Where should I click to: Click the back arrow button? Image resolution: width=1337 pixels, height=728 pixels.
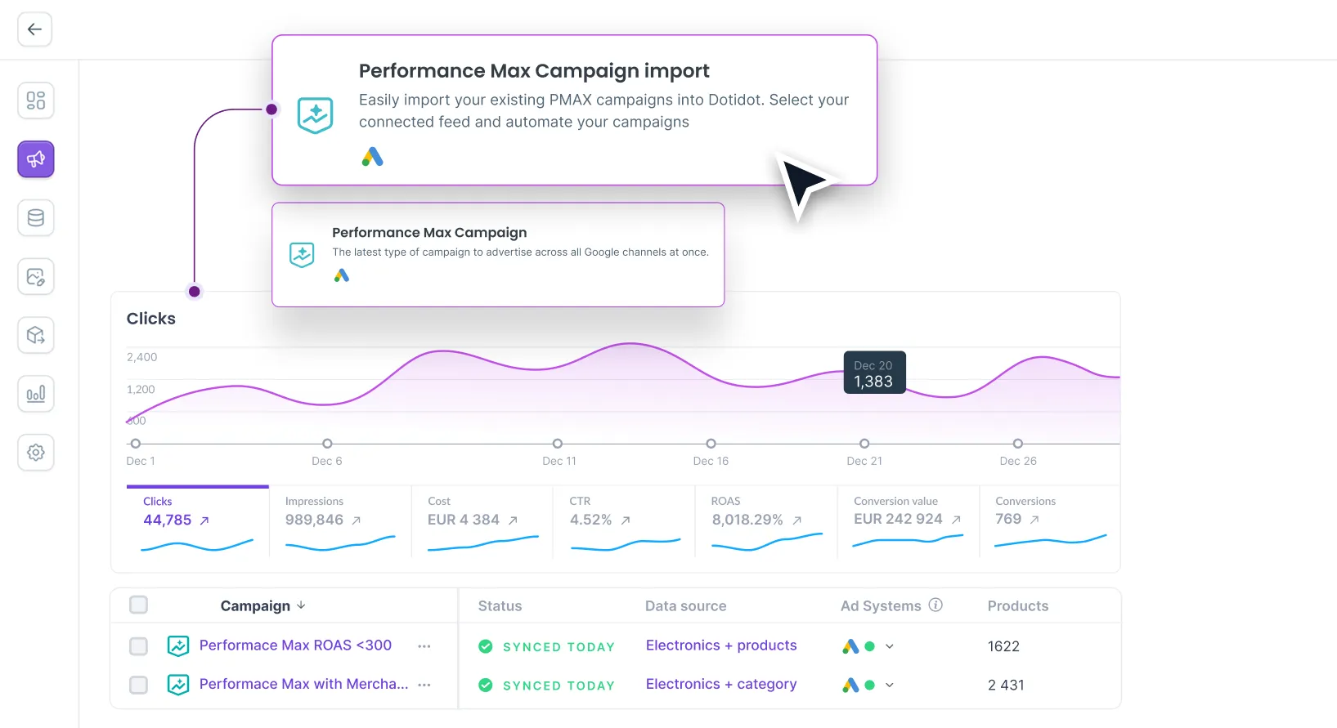point(34,29)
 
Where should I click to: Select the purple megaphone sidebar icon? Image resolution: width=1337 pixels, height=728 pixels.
point(36,159)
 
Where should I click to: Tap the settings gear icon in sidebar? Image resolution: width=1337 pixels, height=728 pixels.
point(36,452)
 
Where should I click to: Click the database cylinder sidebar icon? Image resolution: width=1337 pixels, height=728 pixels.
point(36,218)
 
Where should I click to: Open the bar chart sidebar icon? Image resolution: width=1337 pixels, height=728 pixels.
point(36,394)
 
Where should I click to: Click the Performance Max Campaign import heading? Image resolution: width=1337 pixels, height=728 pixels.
point(534,71)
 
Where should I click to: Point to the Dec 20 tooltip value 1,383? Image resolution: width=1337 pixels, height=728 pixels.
point(873,382)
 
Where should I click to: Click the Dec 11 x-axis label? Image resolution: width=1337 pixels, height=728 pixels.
point(559,461)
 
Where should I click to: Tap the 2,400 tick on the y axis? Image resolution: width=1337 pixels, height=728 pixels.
point(141,357)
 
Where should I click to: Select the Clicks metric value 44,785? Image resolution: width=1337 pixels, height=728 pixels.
point(167,520)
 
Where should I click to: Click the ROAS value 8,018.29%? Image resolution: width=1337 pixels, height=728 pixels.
point(747,520)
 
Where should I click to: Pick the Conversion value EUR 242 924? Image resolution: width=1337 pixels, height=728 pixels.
point(898,519)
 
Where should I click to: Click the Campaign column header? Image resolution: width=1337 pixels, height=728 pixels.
point(255,605)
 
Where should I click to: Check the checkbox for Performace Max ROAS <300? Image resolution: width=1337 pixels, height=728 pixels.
point(139,646)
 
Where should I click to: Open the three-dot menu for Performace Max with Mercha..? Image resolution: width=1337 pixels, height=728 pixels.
point(424,685)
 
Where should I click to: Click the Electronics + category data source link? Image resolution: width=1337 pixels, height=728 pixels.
point(720,684)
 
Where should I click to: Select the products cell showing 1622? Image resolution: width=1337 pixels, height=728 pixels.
point(1003,646)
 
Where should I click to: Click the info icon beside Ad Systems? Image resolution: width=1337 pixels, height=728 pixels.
point(935,605)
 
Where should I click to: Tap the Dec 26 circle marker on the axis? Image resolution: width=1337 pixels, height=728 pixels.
point(1017,444)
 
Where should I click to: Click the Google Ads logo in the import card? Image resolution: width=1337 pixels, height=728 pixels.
point(372,157)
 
